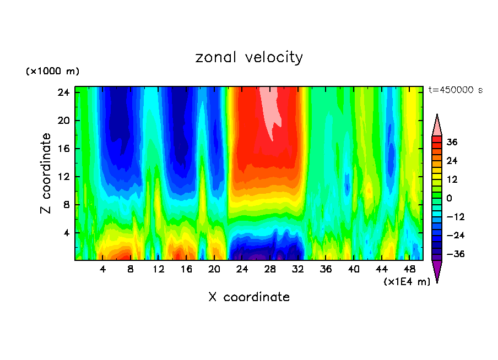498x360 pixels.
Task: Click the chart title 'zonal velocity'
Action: pyautogui.click(x=249, y=57)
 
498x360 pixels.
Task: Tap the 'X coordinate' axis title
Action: pyautogui.click(x=249, y=297)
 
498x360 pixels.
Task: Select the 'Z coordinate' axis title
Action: pyautogui.click(x=46, y=173)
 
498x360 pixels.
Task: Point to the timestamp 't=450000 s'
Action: pyautogui.click(x=455, y=90)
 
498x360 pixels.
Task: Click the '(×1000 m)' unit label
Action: pyautogui.click(x=52, y=72)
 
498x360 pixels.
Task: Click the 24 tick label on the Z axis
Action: pyautogui.click(x=64, y=92)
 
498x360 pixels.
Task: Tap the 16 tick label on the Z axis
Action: pyautogui.click(x=64, y=149)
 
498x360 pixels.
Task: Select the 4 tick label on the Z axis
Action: pyautogui.click(x=66, y=233)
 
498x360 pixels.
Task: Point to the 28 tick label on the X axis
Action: pyautogui.click(x=269, y=270)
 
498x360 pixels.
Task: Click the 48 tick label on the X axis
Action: pyautogui.click(x=409, y=270)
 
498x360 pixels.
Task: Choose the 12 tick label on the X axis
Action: pyautogui.click(x=158, y=270)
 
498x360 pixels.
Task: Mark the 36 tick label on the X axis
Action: pyautogui.click(x=326, y=270)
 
